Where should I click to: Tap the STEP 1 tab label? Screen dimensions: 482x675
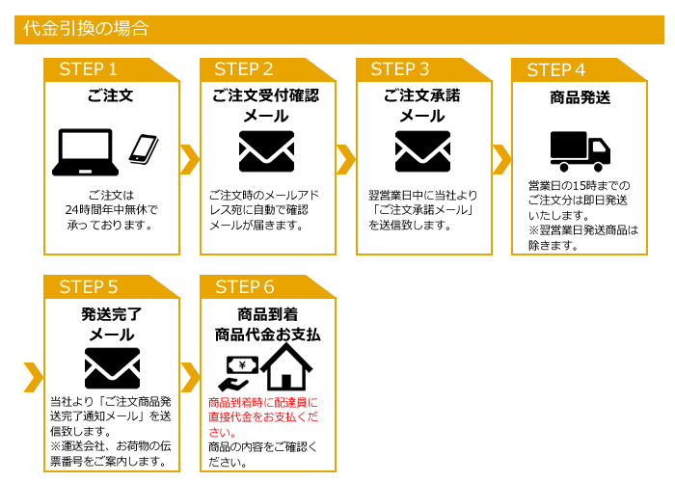(x=88, y=69)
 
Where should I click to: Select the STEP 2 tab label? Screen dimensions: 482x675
(x=244, y=69)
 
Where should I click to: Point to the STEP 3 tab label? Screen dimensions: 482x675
(x=400, y=69)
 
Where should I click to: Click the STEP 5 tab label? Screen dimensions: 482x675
(x=88, y=287)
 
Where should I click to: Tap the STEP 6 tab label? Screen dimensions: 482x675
(x=244, y=287)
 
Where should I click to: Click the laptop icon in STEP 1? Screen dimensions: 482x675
(x=87, y=151)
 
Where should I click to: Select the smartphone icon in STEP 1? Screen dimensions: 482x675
(x=144, y=148)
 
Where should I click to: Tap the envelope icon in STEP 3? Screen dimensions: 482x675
(x=422, y=150)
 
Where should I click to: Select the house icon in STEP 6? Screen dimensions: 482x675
(x=291, y=367)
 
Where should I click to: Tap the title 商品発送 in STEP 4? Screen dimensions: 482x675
(x=579, y=97)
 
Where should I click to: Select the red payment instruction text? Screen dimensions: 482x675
(x=262, y=417)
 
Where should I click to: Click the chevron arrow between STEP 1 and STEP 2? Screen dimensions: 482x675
(x=190, y=157)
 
